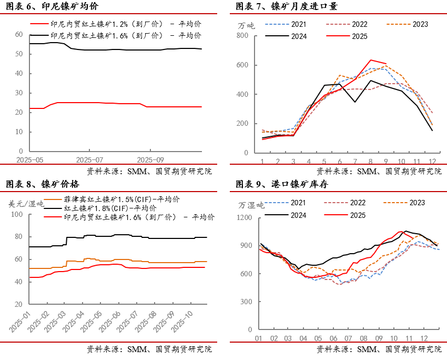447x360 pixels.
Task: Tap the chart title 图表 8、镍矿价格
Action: (x=43, y=184)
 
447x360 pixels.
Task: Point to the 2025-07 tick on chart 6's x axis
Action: (x=90, y=159)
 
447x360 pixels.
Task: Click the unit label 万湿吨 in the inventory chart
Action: (x=251, y=205)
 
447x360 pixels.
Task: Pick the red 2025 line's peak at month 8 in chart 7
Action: (x=371, y=60)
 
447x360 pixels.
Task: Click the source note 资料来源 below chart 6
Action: (x=158, y=171)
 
